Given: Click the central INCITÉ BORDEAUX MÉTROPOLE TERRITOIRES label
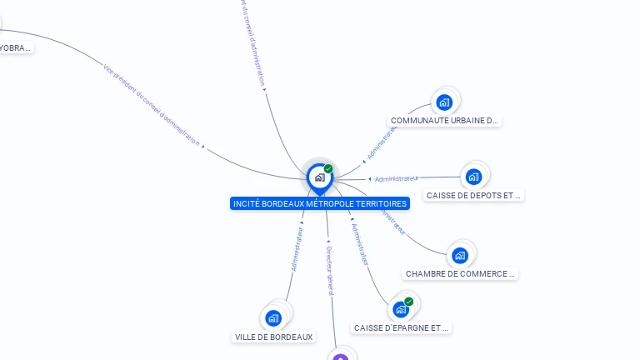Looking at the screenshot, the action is pos(320,203).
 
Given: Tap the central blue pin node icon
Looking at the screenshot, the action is pos(319,177).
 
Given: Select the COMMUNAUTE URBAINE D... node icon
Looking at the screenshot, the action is pos(444,102).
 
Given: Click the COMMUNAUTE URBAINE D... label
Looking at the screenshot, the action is pos(445,120).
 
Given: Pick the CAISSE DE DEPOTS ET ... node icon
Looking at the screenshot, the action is pos(473,177).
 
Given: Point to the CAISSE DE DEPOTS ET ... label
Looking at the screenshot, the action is pos(473,196).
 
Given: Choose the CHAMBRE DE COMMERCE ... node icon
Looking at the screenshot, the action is pos(460,255).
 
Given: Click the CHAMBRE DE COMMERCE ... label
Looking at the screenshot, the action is pos(461,273).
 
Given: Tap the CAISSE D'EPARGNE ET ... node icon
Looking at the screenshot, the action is pos(401,309).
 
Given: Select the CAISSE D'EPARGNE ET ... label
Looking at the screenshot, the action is pos(402,327).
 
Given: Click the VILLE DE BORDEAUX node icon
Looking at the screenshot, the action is pos(273,317).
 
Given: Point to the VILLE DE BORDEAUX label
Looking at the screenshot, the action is pos(274,337).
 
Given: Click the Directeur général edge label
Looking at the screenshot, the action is pos(329,270).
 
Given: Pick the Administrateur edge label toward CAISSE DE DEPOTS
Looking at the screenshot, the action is pos(397,178).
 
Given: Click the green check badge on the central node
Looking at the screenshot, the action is pos(328,168).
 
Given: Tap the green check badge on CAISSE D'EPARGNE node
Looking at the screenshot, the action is pos(408,302).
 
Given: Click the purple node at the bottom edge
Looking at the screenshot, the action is pos(340,357).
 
